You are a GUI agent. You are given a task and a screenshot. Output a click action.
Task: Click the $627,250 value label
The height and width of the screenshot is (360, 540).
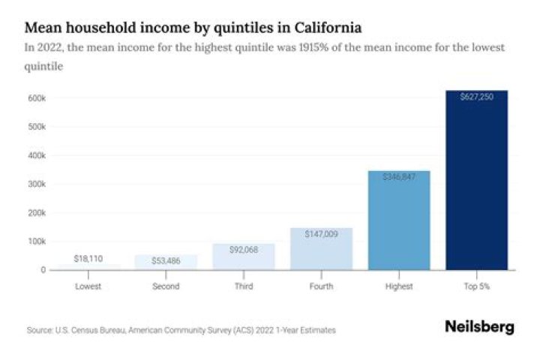pyautogui.click(x=476, y=97)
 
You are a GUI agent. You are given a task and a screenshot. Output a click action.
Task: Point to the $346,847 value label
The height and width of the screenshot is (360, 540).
pyautogui.click(x=398, y=177)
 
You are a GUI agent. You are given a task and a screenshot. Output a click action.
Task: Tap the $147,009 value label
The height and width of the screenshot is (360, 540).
pyautogui.click(x=321, y=234)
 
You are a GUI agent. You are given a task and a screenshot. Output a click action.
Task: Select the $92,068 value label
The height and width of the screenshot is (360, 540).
pyautogui.click(x=243, y=250)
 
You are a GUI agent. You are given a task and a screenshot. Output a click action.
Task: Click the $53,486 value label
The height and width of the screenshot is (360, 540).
pyautogui.click(x=166, y=260)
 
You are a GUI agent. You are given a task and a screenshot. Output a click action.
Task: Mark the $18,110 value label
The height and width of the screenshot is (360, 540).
pyautogui.click(x=88, y=258)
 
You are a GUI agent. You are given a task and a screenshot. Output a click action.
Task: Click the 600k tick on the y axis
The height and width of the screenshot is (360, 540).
pyautogui.click(x=38, y=98)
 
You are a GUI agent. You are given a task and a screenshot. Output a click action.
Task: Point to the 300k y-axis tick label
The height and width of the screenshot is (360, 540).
pyautogui.click(x=38, y=184)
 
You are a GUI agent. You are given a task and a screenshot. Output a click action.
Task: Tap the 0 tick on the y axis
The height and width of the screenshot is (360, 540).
pyautogui.click(x=43, y=269)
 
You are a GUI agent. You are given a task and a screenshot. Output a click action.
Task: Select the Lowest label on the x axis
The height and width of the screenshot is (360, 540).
pyautogui.click(x=88, y=286)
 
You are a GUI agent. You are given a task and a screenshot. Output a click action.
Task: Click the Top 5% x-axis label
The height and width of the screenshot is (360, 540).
pyautogui.click(x=476, y=286)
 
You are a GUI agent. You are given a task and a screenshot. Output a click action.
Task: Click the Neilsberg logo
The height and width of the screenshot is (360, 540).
pyautogui.click(x=479, y=327)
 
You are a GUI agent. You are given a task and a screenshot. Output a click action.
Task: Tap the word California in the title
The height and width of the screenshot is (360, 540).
pyautogui.click(x=325, y=28)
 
